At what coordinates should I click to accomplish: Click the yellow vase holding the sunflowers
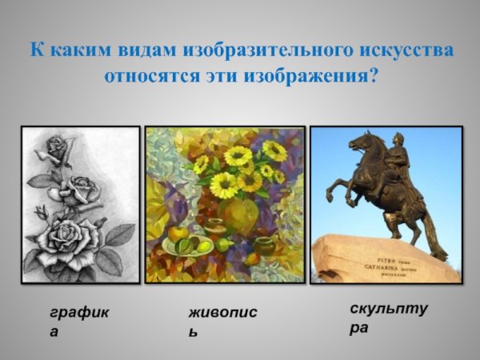238,214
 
